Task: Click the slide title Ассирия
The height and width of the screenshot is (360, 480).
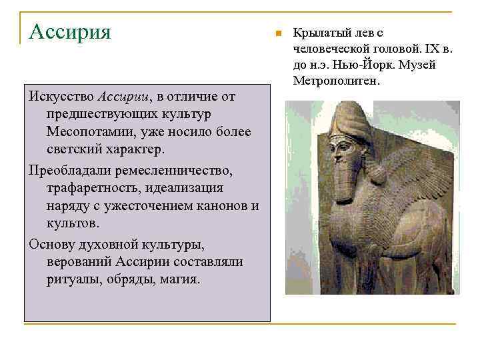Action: coord(70,31)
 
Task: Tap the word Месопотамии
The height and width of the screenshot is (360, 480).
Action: coord(87,131)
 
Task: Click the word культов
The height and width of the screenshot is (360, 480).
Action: coord(72,223)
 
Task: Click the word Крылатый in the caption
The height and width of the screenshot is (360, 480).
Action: coord(317,33)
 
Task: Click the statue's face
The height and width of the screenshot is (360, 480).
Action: coord(341,150)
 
